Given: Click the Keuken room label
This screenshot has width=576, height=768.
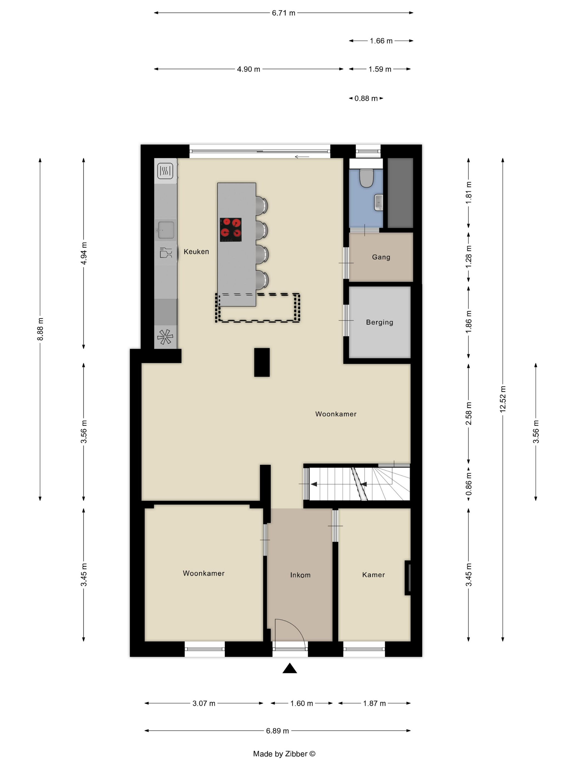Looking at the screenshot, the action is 196,252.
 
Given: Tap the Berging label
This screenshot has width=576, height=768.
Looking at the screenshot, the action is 380,322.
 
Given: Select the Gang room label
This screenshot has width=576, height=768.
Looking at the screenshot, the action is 381,257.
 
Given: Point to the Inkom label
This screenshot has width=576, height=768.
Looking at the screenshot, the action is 300,575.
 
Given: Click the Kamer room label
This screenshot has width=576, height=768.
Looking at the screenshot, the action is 374,575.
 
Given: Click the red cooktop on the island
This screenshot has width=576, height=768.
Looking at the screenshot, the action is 231,230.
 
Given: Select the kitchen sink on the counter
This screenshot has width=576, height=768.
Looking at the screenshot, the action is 166,230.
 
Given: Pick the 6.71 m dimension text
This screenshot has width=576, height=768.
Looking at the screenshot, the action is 283,13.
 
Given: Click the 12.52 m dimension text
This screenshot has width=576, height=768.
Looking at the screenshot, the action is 503,399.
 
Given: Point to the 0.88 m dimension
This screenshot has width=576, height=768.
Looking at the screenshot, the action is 366,98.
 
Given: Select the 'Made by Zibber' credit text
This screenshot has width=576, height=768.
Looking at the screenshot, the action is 284,754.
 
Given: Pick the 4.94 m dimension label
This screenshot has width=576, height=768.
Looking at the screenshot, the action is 84,253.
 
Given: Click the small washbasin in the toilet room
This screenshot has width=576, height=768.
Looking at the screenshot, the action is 379,202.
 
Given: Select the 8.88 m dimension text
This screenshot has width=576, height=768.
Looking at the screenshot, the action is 40,329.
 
